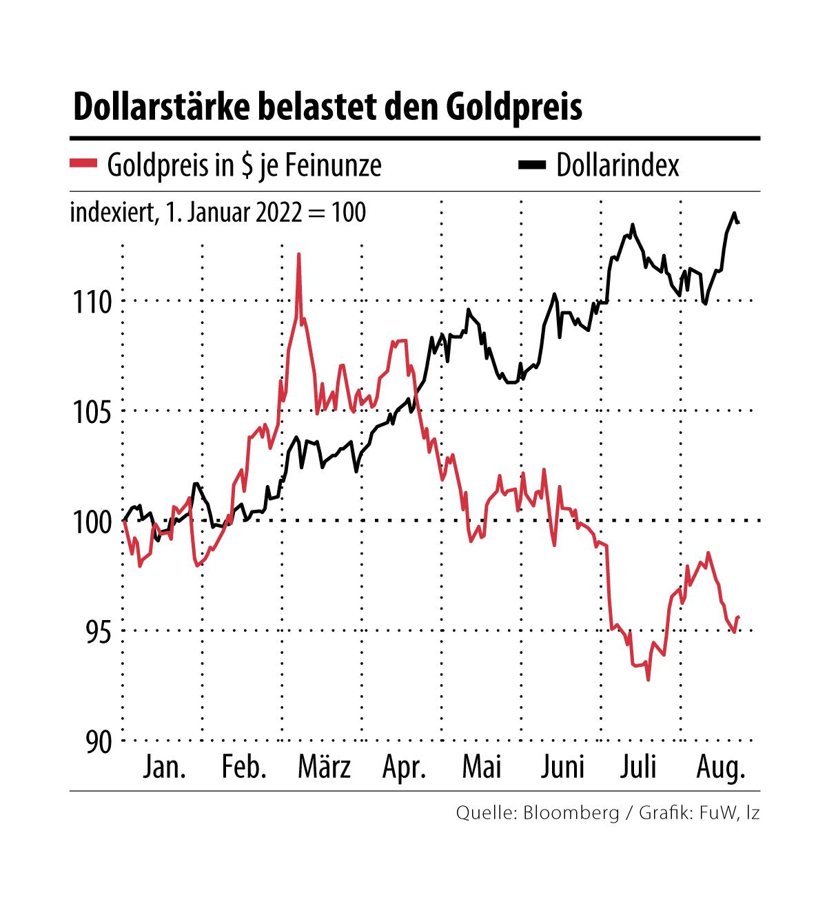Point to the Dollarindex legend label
click(617, 165)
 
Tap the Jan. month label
click(164, 767)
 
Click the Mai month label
click(482, 767)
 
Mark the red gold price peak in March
click(298, 254)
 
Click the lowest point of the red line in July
click(648, 680)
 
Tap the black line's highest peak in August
click(734, 213)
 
